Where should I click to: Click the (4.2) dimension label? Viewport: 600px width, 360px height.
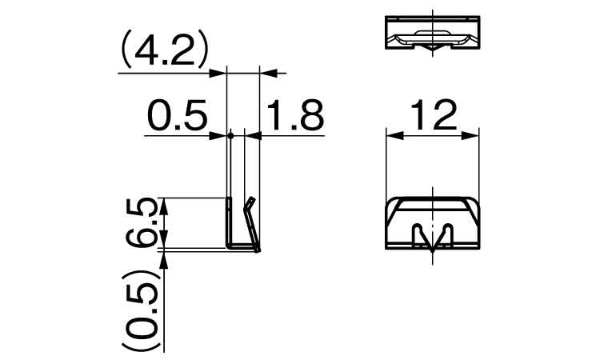(x=165, y=50)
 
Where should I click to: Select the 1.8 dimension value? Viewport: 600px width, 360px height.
(x=295, y=114)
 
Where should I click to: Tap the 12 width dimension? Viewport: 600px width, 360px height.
(x=434, y=114)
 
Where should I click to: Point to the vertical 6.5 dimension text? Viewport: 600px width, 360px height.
(x=141, y=222)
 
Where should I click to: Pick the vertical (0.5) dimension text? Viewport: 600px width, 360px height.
(x=141, y=310)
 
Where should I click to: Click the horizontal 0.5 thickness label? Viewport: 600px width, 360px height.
(x=177, y=114)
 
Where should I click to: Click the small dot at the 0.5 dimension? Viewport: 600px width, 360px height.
(x=230, y=135)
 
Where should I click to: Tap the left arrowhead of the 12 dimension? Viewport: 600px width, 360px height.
(x=394, y=135)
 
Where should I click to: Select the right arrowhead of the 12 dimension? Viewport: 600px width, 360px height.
(x=470, y=135)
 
